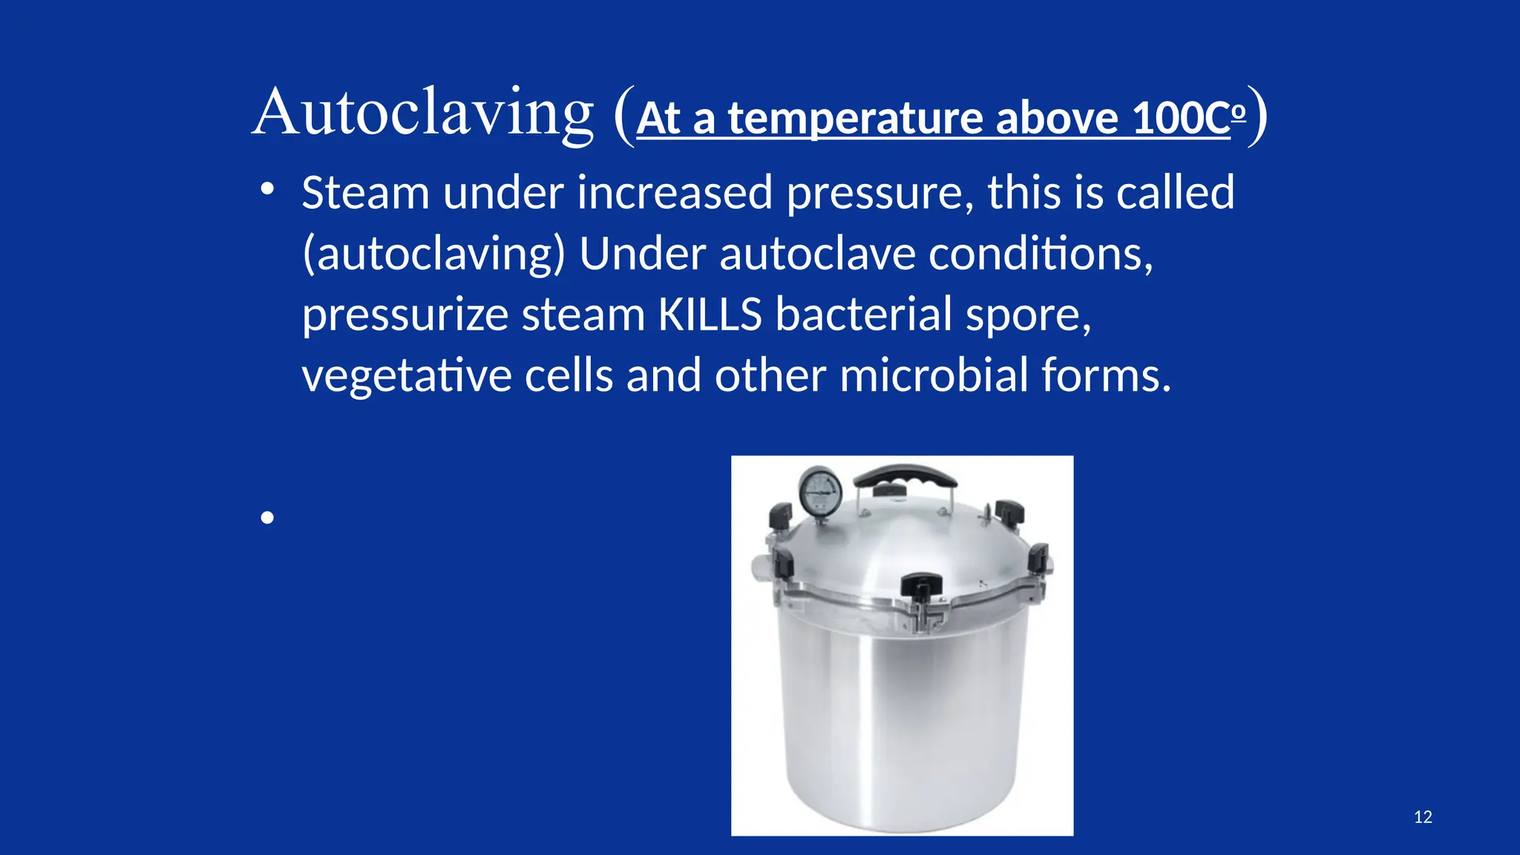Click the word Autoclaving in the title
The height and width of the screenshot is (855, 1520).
click(423, 113)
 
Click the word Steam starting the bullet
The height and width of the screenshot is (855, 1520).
click(365, 193)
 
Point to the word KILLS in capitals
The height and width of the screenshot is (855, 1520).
click(710, 314)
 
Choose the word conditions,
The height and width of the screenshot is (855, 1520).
click(1041, 254)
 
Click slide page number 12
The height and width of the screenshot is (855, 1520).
click(1423, 817)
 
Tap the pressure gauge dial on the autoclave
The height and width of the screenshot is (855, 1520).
click(820, 491)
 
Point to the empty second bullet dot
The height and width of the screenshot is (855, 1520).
click(268, 517)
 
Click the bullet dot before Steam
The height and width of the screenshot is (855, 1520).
click(268, 190)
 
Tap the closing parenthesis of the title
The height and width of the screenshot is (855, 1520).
click(1258, 116)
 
